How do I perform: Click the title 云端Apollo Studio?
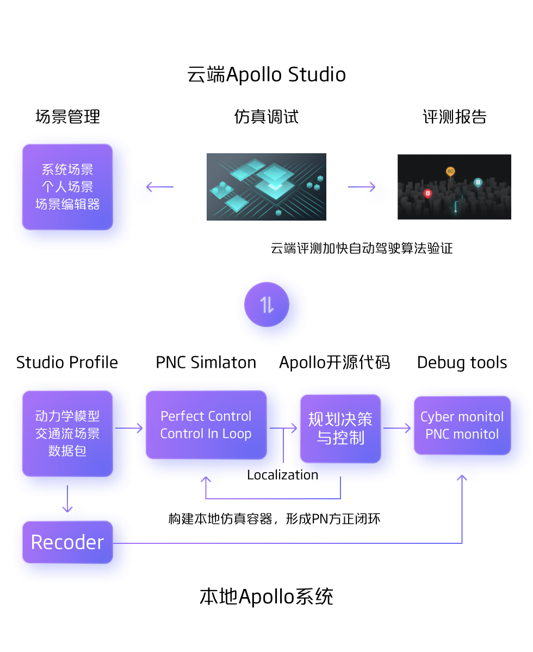coord(266,74)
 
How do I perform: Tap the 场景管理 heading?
coord(67,117)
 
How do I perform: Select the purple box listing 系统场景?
coord(67,187)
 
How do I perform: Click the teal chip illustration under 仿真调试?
coord(266,187)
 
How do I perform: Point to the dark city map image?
coord(454,187)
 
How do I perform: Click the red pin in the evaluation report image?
coord(427,193)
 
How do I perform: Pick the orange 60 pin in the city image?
coord(450,172)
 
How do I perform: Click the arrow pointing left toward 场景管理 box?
coord(159,187)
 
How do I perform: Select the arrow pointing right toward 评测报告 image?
coord(362,187)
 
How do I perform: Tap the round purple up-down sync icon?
coord(266,305)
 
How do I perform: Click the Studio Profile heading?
coord(67,362)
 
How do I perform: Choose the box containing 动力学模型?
coord(67,434)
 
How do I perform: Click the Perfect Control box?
coord(206,425)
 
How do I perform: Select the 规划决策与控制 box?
coord(340,429)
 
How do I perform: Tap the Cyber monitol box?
coord(462,425)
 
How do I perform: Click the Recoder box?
coord(67,542)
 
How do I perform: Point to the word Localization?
coord(282,475)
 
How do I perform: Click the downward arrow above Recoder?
coord(67,499)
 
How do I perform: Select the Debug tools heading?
coord(462,362)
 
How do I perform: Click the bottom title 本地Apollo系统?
coord(266,597)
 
